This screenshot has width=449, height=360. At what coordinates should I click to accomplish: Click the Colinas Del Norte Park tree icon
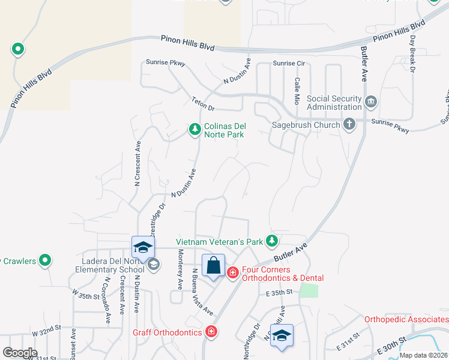194,129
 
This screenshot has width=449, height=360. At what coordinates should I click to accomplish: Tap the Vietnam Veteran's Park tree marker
272,241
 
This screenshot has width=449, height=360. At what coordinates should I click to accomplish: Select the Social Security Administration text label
334,103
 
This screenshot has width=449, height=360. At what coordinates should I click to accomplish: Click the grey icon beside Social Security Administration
371,102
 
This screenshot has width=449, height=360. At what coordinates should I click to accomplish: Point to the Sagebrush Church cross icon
349,125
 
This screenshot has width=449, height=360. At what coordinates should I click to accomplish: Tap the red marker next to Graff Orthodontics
211,331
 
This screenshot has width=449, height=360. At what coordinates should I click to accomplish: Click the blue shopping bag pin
213,265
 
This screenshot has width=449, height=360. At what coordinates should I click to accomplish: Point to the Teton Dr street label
203,103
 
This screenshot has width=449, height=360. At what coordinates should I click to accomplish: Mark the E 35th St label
279,293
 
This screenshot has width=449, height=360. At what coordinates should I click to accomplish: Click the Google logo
19,353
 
